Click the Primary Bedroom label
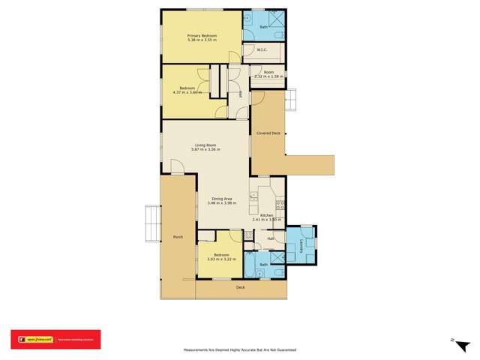(x=202, y=35)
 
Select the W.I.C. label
(x=262, y=50)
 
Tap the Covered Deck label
(x=268, y=133)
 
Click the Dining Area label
(x=221, y=199)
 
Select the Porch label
(x=178, y=238)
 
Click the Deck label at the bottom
(x=241, y=287)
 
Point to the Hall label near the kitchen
(x=270, y=238)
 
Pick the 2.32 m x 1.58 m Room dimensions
(x=269, y=76)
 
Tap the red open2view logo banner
(x=55, y=340)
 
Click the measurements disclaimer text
(x=240, y=349)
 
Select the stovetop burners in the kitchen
(x=280, y=204)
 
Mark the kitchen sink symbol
(x=255, y=197)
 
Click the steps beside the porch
(x=152, y=224)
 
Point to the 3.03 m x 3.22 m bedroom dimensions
(x=221, y=259)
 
